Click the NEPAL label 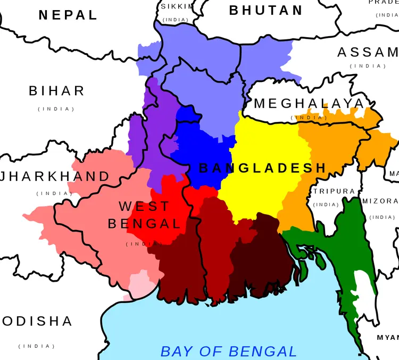click(68, 15)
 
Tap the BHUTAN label click(266, 10)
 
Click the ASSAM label click(368, 52)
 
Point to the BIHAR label click(56, 91)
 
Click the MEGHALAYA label click(309, 103)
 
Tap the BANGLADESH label click(262, 168)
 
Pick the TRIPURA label click(334, 191)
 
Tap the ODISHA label click(37, 321)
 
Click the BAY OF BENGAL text click(229, 351)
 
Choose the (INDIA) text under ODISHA click(37, 346)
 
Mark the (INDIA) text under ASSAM click(368, 66)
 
